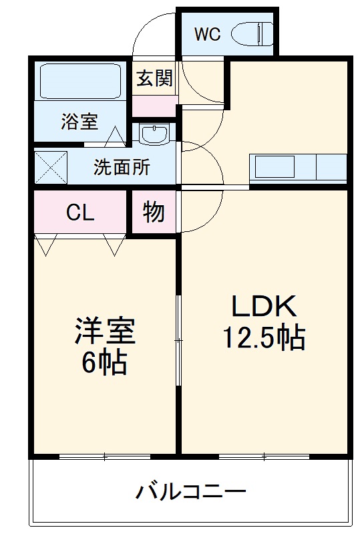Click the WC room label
coord(207,35)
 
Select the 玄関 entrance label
coord(154,79)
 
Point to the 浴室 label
coord(79,122)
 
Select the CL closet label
coord(79,213)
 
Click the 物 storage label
coord(154,213)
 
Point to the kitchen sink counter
coord(298,167)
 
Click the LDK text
coord(263,307)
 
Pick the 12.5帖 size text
coord(263,338)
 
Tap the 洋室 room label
coord(104,330)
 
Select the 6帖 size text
coord(104,362)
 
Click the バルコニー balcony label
coord(191,494)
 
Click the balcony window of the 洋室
coord(104,457)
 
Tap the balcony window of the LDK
coord(263,457)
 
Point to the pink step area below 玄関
coord(154,105)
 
